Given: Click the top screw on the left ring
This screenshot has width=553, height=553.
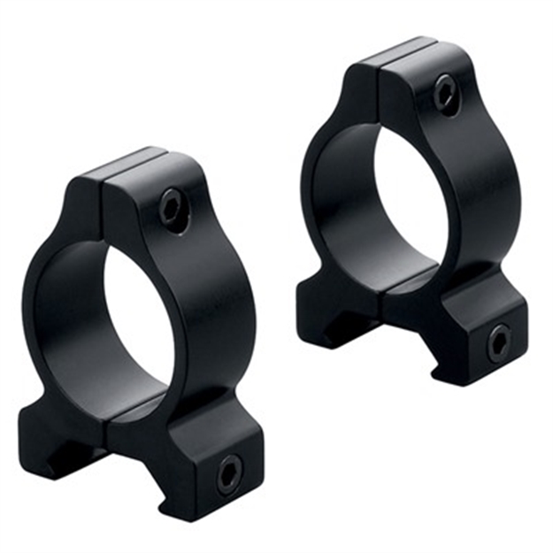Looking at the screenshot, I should tap(173, 211).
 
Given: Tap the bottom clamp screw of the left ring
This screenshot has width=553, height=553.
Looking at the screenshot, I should tap(228, 476).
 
